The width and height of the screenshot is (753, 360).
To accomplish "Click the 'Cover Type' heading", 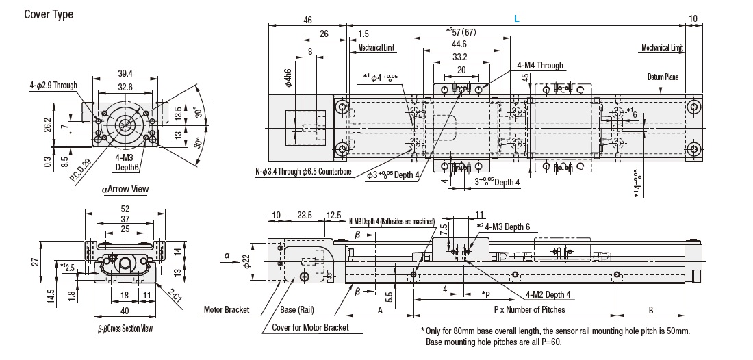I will pos(49,14).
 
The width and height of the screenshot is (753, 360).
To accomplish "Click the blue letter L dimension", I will pos(517,21).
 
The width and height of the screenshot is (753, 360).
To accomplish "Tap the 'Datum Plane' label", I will pos(663,77).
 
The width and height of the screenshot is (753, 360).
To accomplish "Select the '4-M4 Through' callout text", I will pos(540,66).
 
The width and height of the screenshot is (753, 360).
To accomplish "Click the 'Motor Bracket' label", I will pos(227,309).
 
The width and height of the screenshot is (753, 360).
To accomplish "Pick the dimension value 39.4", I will pos(125,73).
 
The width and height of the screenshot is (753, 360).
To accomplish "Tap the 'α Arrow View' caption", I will pos(125,189).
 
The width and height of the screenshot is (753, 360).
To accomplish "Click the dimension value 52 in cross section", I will pos(124,208).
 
